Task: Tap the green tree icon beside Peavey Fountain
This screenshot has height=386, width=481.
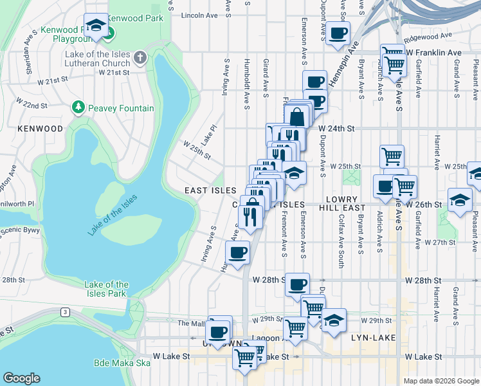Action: [x=78, y=107]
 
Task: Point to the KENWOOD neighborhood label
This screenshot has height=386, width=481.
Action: [x=41, y=129]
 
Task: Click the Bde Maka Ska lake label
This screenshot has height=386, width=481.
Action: [x=122, y=363]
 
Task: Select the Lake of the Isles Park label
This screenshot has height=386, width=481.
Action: [x=106, y=289]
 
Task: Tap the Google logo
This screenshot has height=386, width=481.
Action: [x=21, y=378]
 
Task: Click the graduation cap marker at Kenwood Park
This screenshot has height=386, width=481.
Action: [x=96, y=25]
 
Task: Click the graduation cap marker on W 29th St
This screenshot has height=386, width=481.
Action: [x=334, y=320]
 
